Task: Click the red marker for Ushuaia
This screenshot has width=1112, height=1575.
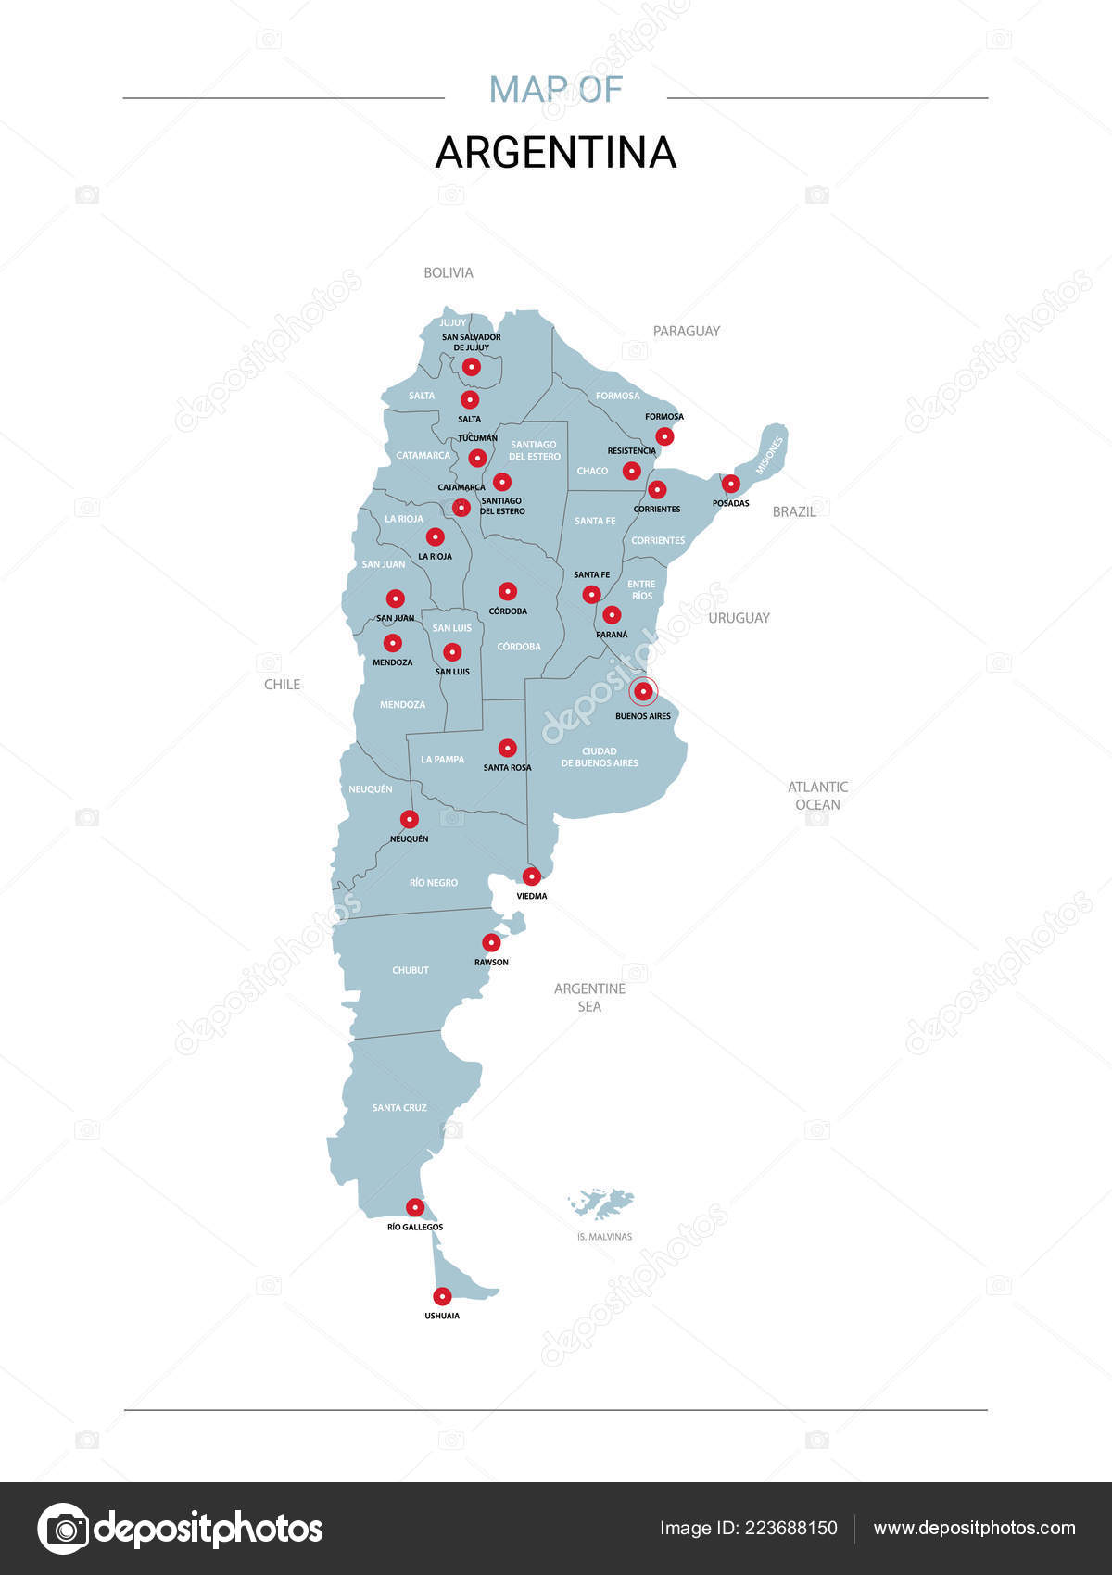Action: point(443,1296)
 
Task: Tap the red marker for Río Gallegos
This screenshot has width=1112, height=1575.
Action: point(415,1207)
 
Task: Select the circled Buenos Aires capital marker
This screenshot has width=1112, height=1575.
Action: point(643,691)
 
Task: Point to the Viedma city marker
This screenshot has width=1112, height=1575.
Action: point(532,876)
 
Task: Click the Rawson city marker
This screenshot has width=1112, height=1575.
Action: point(491,942)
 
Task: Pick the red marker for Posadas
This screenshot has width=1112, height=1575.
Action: point(731,483)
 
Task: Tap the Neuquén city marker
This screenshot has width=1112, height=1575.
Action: point(409,819)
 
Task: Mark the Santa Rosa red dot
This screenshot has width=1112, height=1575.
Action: point(507,748)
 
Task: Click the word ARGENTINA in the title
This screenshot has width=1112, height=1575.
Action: point(556,153)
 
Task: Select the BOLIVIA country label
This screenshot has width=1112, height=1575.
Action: point(449,272)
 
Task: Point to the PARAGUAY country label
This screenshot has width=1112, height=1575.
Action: point(686,331)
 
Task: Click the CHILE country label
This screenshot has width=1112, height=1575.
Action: point(283,684)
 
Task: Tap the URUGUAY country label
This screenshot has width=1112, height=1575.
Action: point(739,618)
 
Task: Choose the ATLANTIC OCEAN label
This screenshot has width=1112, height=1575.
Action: point(817,796)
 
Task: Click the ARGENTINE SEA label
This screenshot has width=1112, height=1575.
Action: point(589,998)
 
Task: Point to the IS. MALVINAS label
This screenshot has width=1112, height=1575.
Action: point(604,1236)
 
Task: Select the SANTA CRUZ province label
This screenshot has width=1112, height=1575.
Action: point(399,1107)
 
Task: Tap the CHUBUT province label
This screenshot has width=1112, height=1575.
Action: point(411,970)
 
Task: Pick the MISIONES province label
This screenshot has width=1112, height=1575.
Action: point(768,456)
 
